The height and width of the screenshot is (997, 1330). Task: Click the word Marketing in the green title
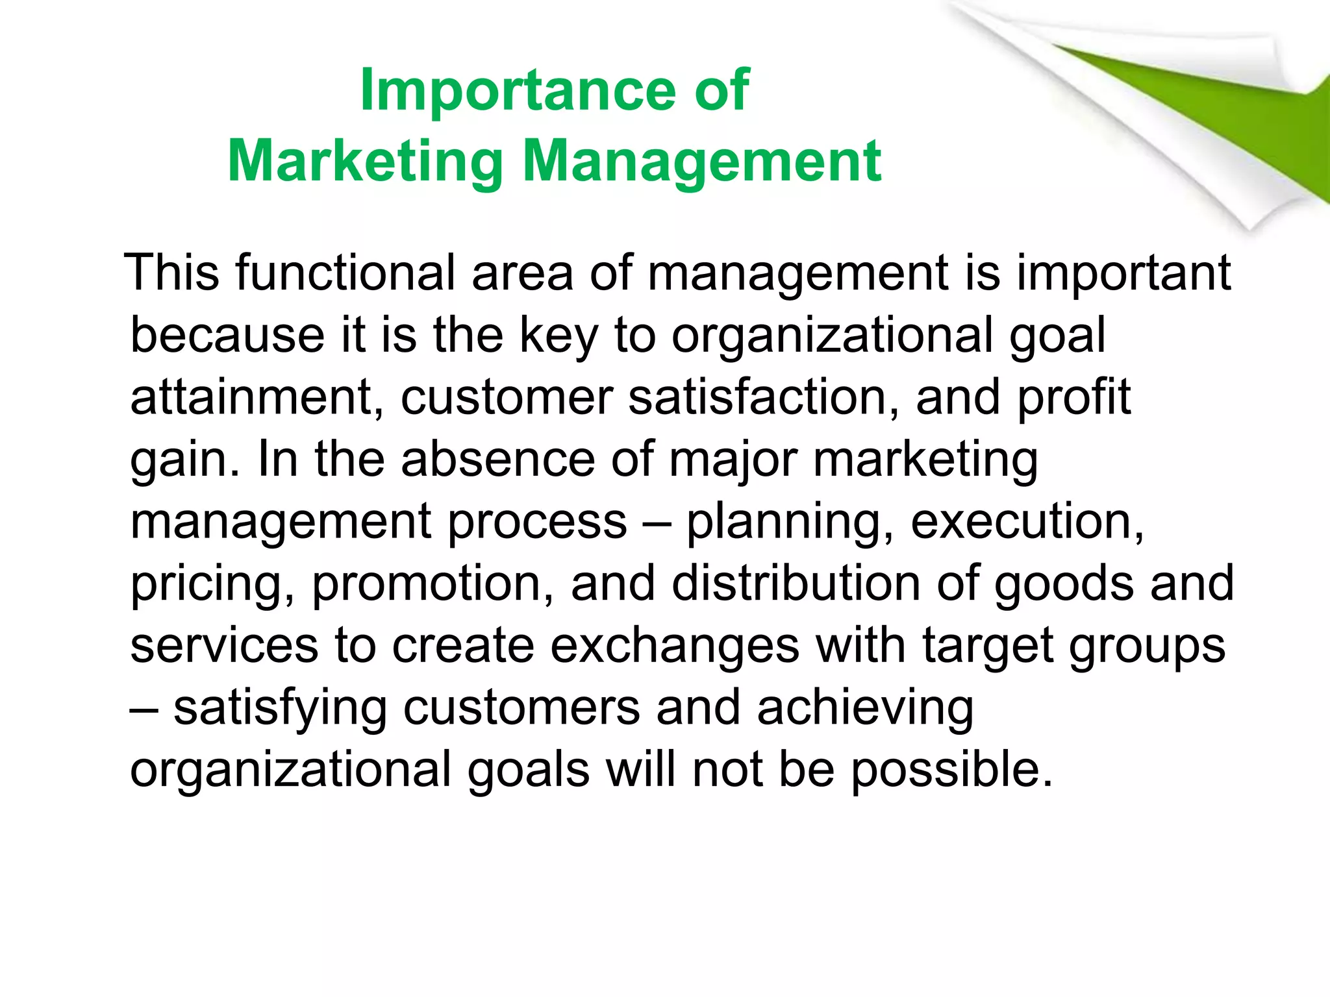point(365,162)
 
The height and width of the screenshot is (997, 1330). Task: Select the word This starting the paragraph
point(173,273)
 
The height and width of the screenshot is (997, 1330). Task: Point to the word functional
point(345,273)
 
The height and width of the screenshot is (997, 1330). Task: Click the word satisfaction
point(763,397)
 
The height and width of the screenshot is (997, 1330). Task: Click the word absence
point(497,460)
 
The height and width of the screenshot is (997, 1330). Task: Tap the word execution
point(1027,522)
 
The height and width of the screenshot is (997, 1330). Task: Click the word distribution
point(796,583)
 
